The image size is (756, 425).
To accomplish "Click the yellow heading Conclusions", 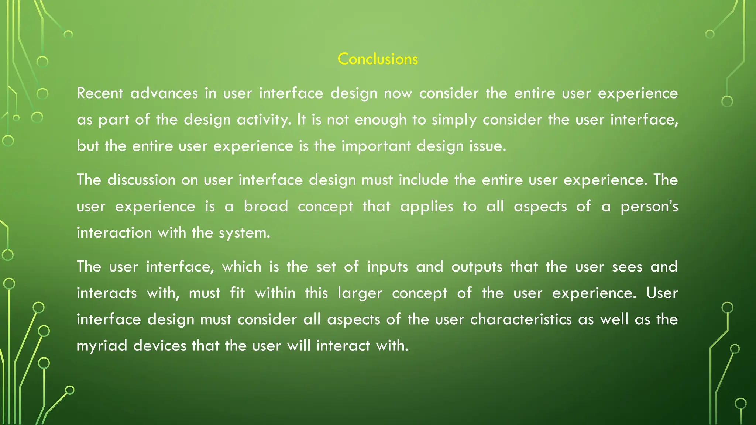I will pyautogui.click(x=378, y=59).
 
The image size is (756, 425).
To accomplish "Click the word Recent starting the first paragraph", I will pyautogui.click(x=100, y=93).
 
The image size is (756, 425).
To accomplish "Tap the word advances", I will pyautogui.click(x=164, y=93).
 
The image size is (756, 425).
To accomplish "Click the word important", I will pyautogui.click(x=376, y=146).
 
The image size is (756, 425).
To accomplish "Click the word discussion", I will pyautogui.click(x=141, y=180).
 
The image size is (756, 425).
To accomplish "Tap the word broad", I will pyautogui.click(x=266, y=206).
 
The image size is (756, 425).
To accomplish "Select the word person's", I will pyautogui.click(x=649, y=206).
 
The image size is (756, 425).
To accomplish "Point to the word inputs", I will pyautogui.click(x=387, y=267).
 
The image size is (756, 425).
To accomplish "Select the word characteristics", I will pyautogui.click(x=521, y=319).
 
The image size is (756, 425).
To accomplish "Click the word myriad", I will pyautogui.click(x=102, y=346).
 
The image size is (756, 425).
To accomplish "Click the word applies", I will pyautogui.click(x=427, y=206).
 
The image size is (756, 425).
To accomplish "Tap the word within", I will pyautogui.click(x=275, y=293).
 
